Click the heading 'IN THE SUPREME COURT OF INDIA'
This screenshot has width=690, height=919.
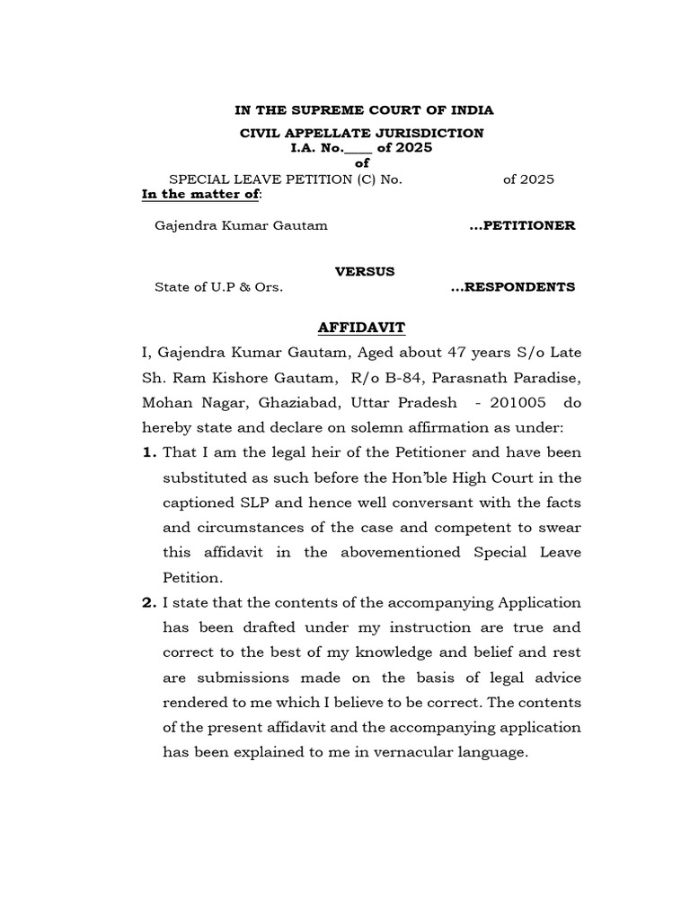coord(364,110)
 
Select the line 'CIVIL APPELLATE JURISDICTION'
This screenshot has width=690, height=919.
coord(360,133)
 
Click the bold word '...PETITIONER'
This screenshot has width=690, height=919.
coord(522,226)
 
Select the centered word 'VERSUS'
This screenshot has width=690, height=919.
coord(364,271)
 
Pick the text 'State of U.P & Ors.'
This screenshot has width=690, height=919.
coord(219,288)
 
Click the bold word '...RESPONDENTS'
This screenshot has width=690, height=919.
coord(512,288)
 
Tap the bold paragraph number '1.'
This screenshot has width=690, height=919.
coord(150,452)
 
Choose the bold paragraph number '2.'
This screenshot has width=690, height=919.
coord(150,602)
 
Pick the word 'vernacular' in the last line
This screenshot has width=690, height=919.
coord(419,752)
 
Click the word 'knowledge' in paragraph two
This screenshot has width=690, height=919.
coord(396,652)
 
